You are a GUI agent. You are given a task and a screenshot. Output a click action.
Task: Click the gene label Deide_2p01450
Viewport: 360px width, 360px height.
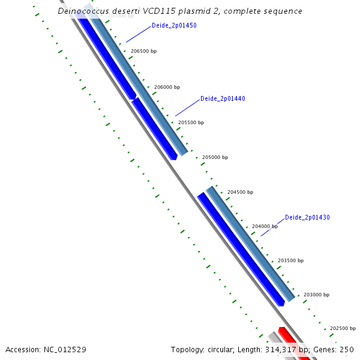coord(174,26)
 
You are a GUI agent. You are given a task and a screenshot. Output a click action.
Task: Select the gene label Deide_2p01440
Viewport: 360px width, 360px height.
coord(223,98)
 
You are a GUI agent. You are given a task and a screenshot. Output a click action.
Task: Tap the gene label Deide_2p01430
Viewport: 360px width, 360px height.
coord(307,217)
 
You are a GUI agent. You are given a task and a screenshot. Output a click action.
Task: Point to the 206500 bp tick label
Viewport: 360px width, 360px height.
coord(143,52)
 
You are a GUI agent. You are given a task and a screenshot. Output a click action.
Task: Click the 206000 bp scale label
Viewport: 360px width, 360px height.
coord(167,87)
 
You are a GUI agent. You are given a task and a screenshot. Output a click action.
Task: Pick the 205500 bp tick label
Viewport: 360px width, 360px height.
coord(191,122)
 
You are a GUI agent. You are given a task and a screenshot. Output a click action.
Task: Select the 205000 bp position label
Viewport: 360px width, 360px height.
coord(215,157)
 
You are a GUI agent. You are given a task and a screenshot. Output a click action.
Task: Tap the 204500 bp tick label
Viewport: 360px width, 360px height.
coord(240,193)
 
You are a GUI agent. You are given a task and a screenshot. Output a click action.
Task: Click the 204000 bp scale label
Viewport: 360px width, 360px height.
coord(265,226)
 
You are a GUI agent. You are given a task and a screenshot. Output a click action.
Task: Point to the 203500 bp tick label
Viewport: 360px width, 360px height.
coord(290,261)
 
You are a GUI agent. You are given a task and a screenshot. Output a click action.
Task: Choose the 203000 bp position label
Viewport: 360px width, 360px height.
coord(316,295)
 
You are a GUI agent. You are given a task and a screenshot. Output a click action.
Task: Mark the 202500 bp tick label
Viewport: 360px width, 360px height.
coord(343,329)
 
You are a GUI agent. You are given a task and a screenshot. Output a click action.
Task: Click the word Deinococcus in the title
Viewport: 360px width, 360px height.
coord(82,11)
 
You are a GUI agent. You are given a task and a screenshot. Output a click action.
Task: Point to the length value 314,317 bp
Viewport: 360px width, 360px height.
coord(287,349)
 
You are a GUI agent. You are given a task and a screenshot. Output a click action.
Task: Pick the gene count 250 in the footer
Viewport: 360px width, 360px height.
coord(347,349)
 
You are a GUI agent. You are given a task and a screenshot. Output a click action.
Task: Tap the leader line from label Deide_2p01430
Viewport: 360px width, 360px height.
coord(272,226)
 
